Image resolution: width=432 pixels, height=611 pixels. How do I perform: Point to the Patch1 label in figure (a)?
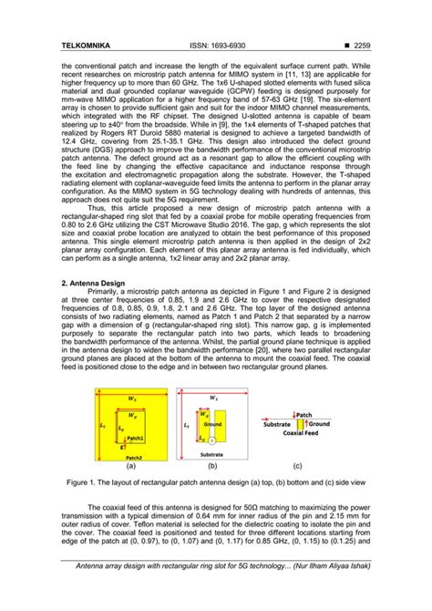coord(136,438)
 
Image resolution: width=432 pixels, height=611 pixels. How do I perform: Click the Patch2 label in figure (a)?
coord(135,457)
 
